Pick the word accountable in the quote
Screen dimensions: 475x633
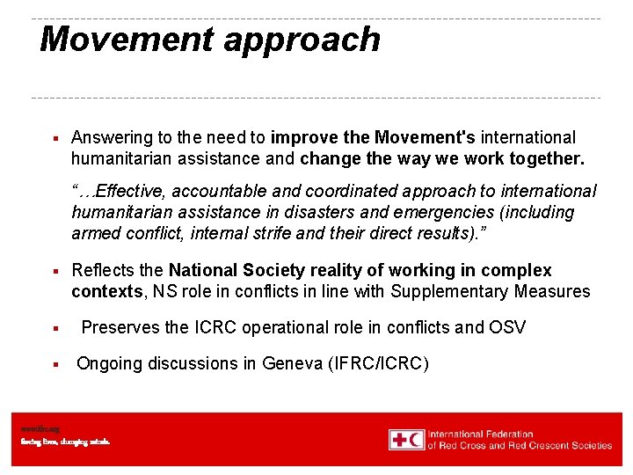click(212, 192)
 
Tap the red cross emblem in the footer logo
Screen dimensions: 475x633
click(399, 439)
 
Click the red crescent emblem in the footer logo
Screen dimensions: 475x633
click(415, 439)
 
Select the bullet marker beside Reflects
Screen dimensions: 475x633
click(55, 271)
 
